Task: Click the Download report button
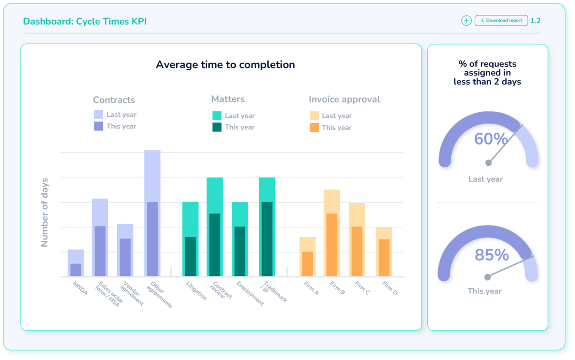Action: [x=501, y=21]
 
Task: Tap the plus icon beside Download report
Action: [x=466, y=21]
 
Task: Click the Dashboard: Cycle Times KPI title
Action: [x=85, y=21]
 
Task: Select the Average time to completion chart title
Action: [x=225, y=65]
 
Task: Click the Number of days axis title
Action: [x=44, y=213]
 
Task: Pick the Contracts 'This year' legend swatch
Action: [x=98, y=126]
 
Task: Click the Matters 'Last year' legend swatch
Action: [x=217, y=116]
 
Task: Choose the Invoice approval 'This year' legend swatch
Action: [x=314, y=128]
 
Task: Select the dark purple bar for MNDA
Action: [x=76, y=270]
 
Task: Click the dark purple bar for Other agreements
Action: [x=152, y=239]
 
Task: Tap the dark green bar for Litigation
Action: [x=190, y=256]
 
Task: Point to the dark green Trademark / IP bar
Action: [x=267, y=239]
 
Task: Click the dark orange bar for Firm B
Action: [x=332, y=245]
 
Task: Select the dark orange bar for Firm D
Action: [x=384, y=258]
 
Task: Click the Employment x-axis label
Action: [x=250, y=293]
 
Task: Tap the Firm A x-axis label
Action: [x=311, y=289]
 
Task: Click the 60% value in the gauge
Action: [x=491, y=139]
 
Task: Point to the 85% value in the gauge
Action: [x=491, y=255]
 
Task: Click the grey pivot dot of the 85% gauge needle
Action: [x=487, y=277]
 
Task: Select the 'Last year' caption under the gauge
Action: [x=486, y=179]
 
